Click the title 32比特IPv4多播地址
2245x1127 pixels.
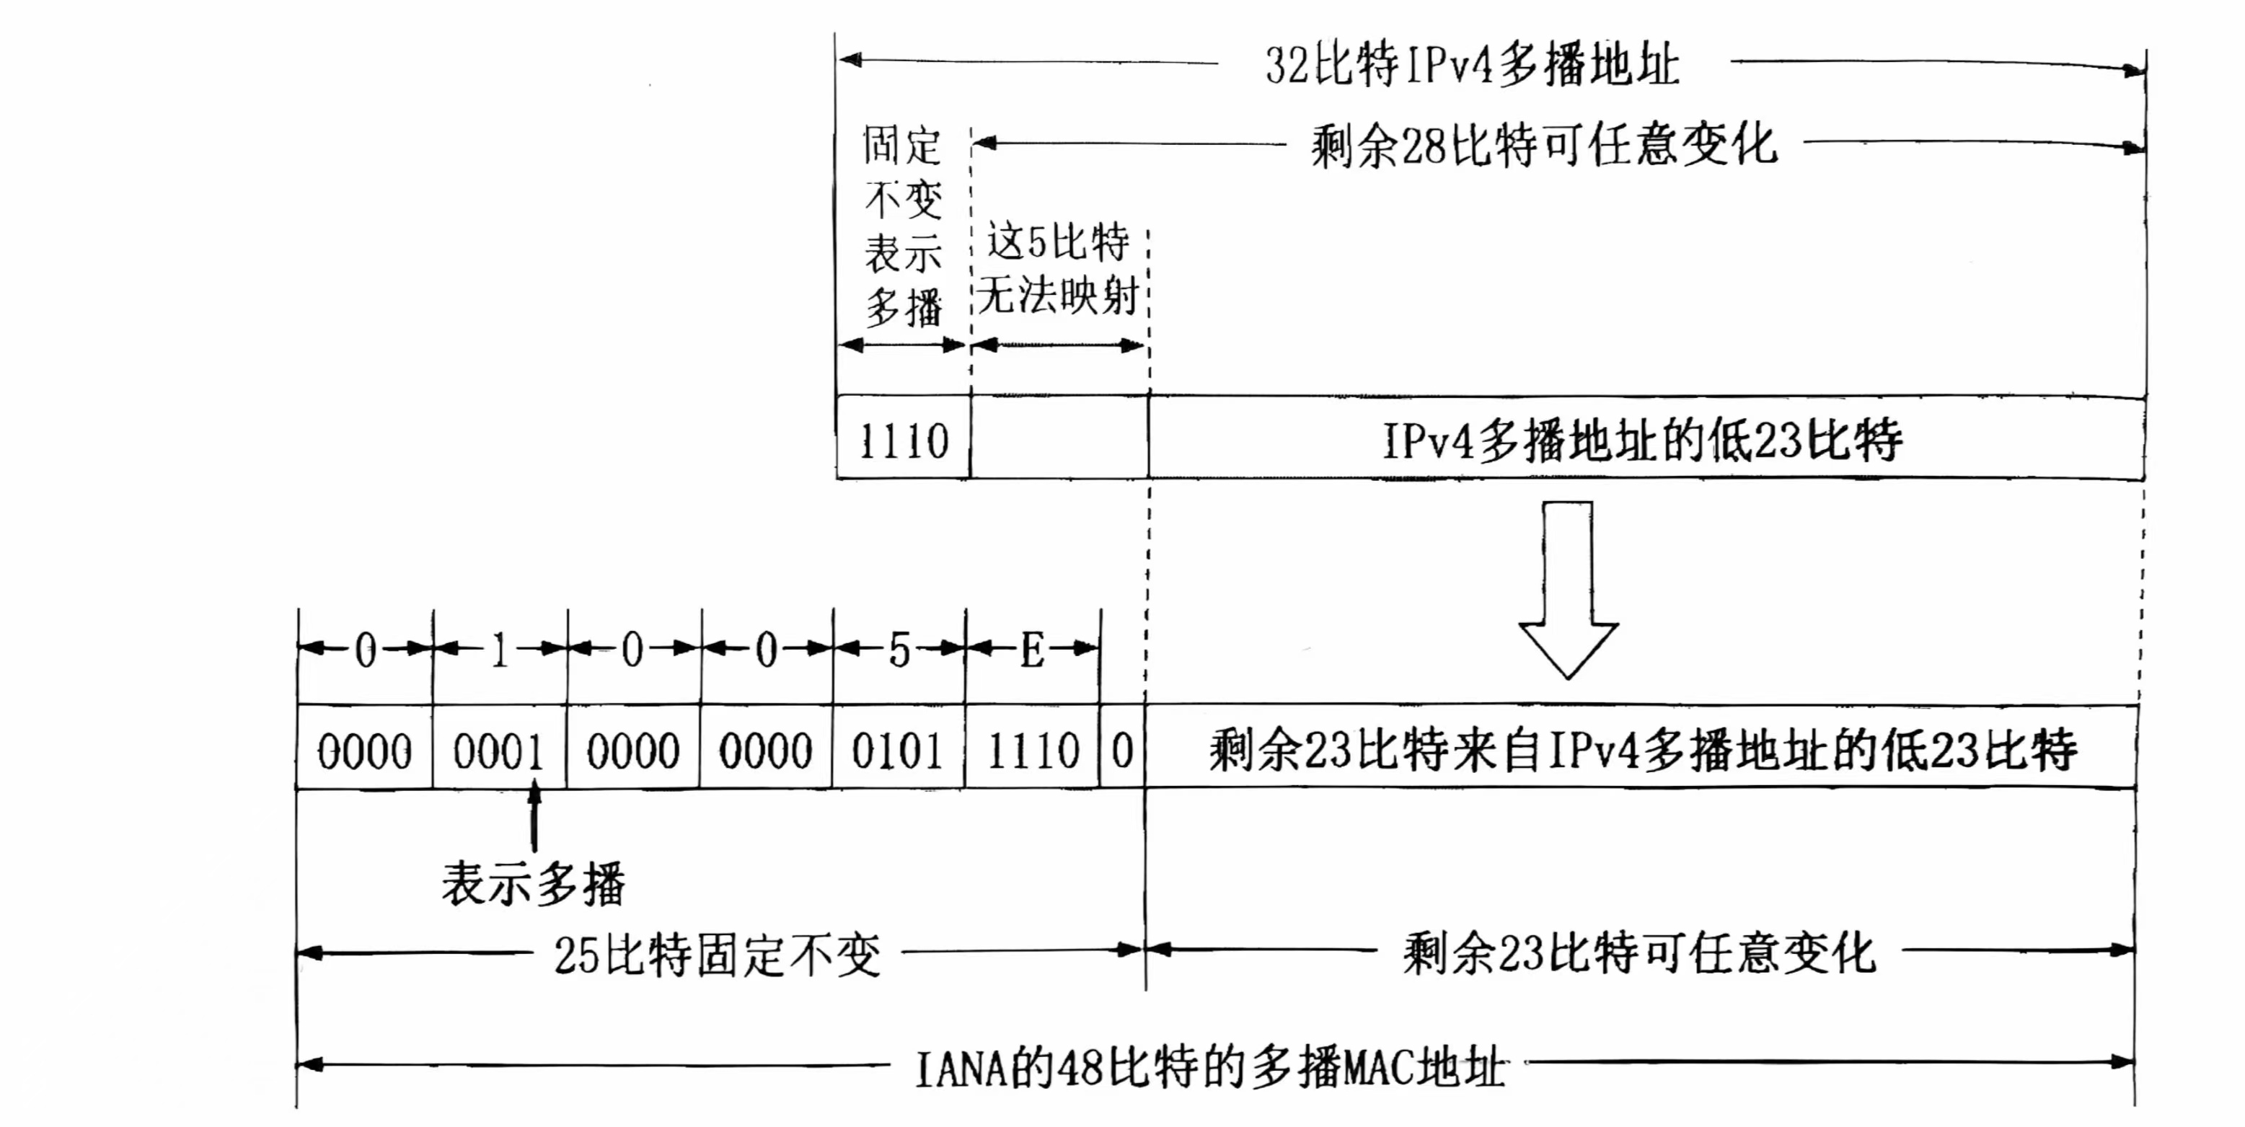pos(1471,64)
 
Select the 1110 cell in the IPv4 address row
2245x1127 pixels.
pos(904,440)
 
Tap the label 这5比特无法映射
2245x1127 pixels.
pos(1058,268)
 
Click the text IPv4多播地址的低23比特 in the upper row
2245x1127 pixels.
pos(1642,440)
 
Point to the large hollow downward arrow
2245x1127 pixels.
pos(1568,593)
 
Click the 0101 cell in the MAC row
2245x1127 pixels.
pos(898,751)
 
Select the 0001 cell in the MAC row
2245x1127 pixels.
pos(498,751)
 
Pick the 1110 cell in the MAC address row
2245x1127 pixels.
pos(1033,751)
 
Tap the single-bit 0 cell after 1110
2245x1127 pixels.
pos(1122,751)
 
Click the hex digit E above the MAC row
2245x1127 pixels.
pos(1033,650)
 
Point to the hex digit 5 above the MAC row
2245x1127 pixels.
pos(899,650)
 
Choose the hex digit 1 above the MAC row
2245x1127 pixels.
pos(499,650)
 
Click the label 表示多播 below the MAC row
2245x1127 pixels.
pos(534,884)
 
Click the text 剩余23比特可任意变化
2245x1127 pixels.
pos(1638,953)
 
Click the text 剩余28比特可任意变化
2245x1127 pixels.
pos(1543,145)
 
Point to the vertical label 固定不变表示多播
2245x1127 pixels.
pos(903,226)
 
